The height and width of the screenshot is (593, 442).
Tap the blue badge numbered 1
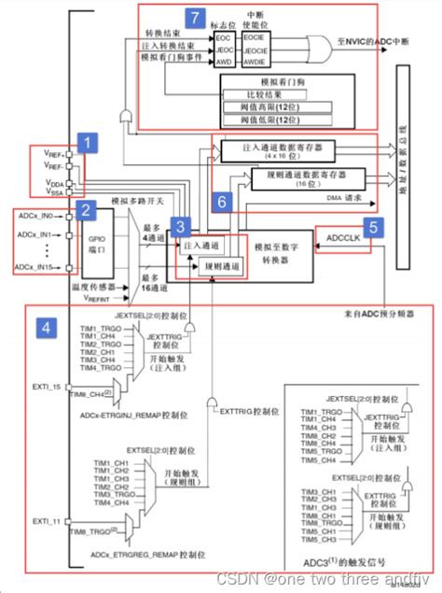click(x=88, y=143)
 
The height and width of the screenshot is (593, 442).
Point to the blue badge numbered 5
click(x=371, y=225)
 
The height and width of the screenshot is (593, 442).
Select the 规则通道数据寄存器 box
click(x=299, y=176)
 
